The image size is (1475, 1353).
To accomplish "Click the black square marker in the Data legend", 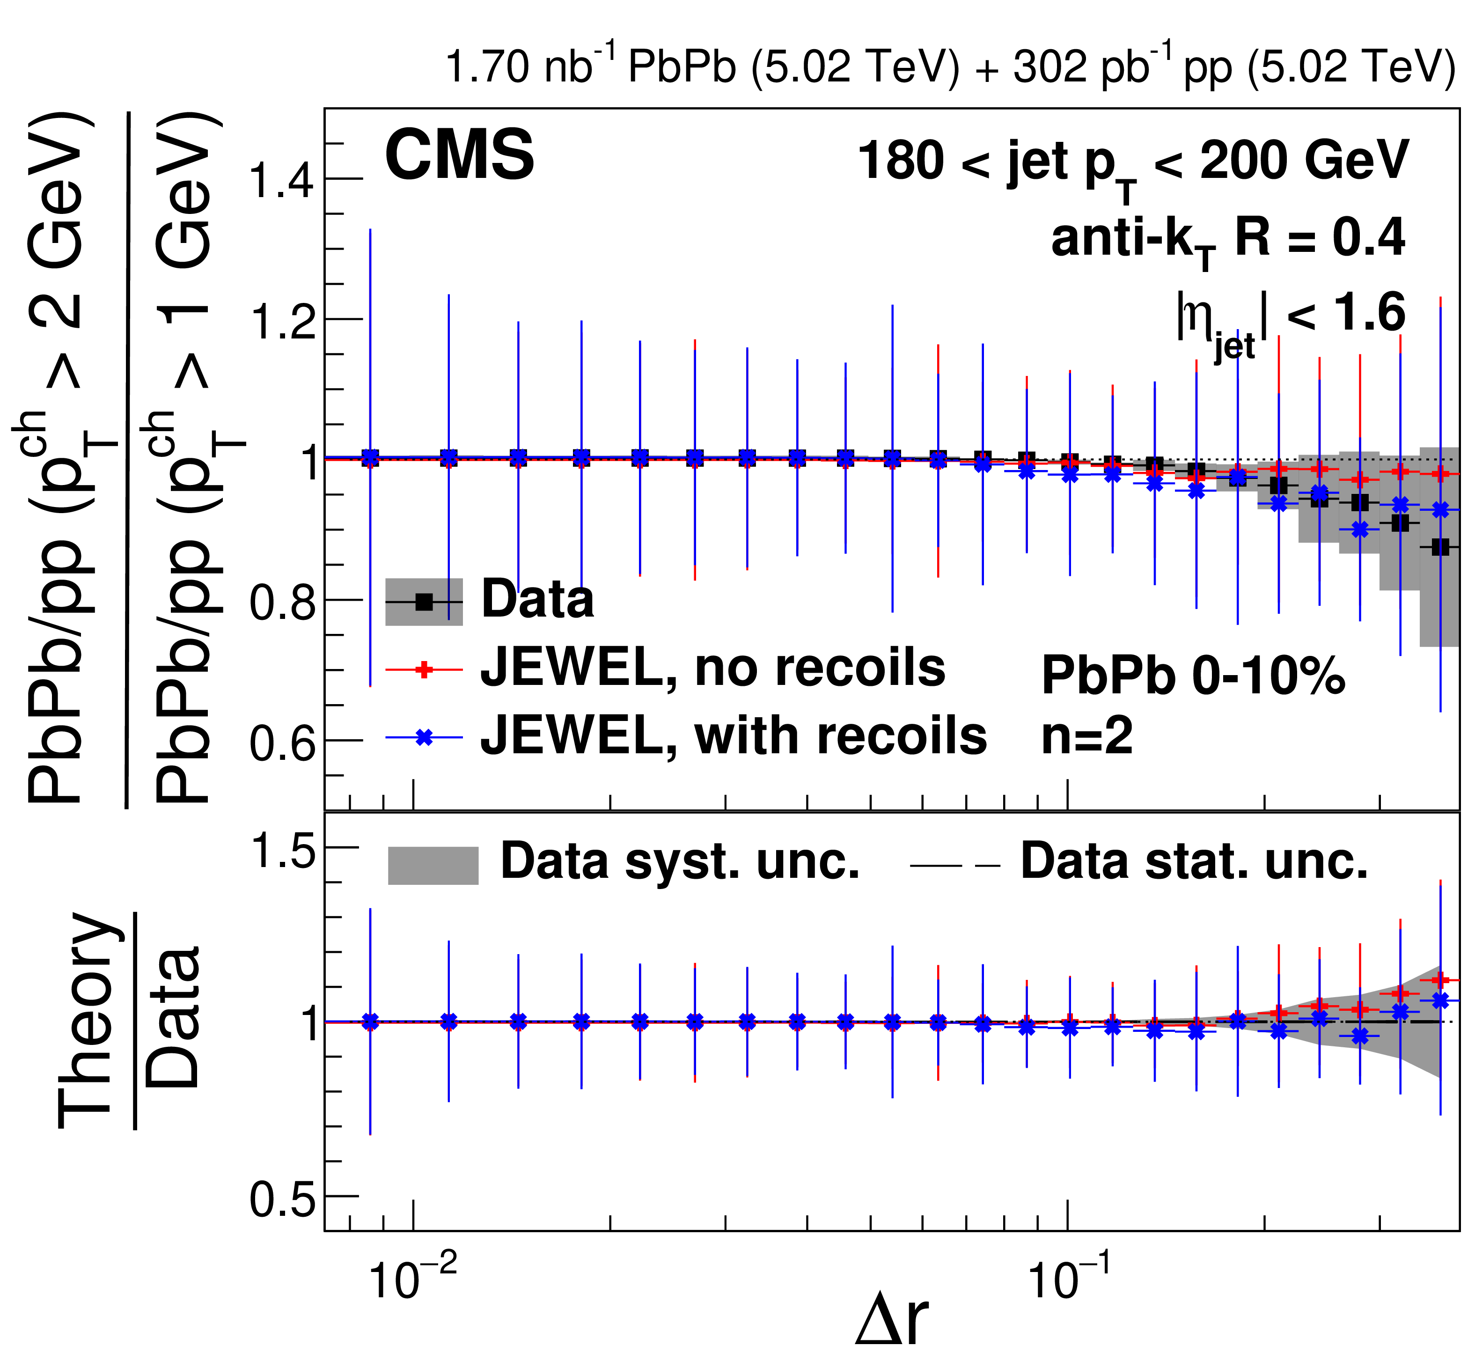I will (424, 602).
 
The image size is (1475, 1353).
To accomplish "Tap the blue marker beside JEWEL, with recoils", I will (424, 737).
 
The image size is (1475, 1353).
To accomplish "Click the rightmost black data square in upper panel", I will (1440, 547).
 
